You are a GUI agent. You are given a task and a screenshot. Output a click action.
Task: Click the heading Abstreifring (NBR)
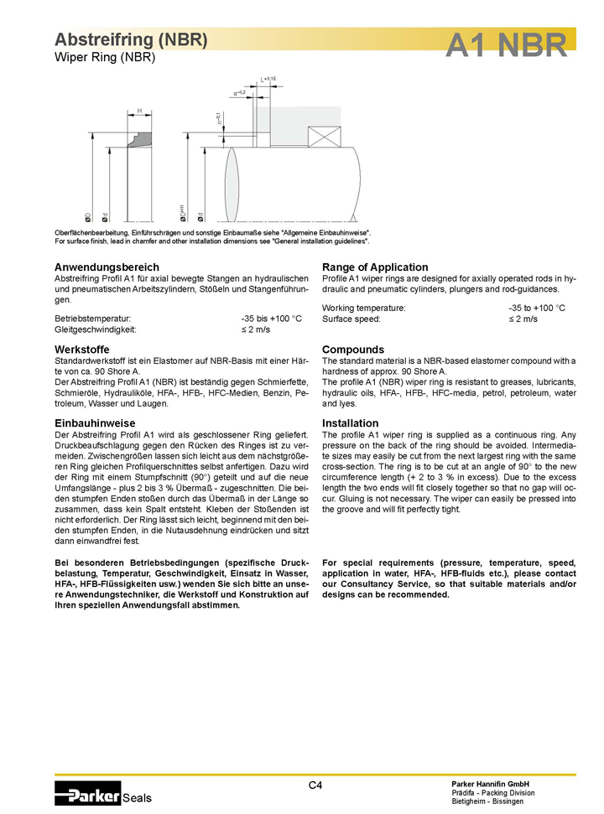pos(131,39)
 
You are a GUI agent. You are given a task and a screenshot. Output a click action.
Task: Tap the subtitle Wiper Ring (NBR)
pos(105,58)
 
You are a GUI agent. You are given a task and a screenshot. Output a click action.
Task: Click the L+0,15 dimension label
pos(268,79)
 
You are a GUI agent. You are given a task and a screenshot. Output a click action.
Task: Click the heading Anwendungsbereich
pos(107,267)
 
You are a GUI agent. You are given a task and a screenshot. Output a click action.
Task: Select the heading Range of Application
pos(375,267)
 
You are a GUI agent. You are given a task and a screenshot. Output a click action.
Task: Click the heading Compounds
pos(353,349)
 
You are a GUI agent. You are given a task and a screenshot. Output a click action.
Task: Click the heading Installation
pos(350,423)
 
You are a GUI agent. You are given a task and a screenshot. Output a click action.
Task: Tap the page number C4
pos(315,785)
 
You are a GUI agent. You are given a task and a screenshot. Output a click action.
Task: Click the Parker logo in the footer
pos(88,795)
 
